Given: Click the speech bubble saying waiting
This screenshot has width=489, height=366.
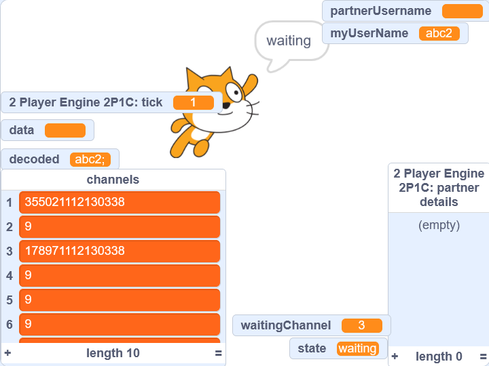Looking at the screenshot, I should [x=288, y=41].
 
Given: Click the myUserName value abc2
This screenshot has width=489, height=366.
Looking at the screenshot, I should [x=439, y=33].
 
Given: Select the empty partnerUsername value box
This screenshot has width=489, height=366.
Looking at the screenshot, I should [x=462, y=11].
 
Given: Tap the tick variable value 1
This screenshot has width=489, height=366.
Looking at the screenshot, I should [x=193, y=102].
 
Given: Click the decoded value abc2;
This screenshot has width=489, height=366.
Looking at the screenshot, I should [x=90, y=159].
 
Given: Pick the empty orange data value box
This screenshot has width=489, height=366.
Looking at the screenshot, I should [x=65, y=130].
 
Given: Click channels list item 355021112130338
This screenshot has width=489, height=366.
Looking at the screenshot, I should [x=120, y=202].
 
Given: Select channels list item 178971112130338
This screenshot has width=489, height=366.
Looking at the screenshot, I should [x=120, y=251].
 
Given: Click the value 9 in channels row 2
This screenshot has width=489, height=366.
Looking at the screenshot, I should [x=120, y=226].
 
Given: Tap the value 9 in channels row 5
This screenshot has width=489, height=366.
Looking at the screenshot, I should [x=120, y=300].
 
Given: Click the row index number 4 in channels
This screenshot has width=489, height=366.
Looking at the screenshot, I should [x=10, y=276].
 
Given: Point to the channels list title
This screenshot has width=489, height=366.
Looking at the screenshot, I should [x=113, y=180].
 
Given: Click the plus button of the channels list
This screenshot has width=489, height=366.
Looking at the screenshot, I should [x=8, y=353].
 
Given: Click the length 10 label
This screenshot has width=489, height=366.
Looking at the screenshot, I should [x=113, y=353].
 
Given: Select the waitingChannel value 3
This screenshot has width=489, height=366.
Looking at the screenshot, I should [x=361, y=325].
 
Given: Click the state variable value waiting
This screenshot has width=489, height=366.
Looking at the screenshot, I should [x=357, y=348].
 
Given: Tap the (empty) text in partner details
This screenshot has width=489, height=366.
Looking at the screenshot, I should [x=439, y=225].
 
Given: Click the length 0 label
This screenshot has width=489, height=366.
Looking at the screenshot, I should [x=439, y=357].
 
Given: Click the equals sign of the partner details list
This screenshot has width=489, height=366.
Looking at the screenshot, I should [x=482, y=357].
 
